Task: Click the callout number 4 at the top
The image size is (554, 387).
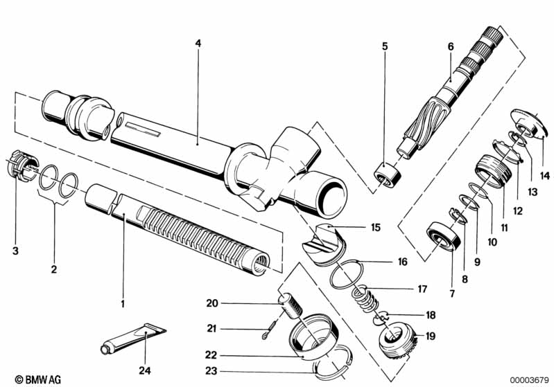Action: click(198, 43)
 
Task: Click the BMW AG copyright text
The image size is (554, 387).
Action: click(25, 379)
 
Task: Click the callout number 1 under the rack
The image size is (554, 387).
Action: click(123, 303)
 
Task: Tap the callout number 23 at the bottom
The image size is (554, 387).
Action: click(211, 371)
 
